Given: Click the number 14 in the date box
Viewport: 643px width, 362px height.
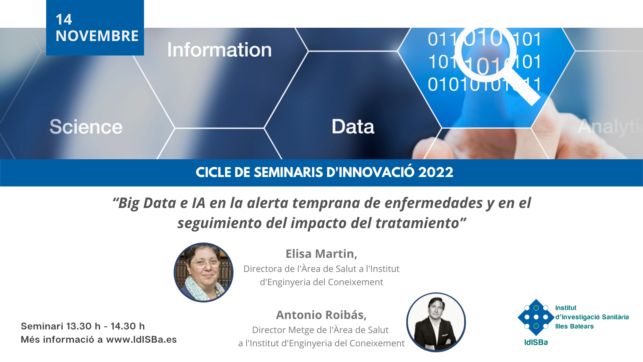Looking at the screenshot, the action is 64,20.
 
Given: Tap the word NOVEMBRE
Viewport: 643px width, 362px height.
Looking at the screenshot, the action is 97,36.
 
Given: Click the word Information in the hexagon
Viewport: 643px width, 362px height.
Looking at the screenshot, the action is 219,50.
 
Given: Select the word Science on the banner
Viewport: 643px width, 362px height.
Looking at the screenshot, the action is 86,127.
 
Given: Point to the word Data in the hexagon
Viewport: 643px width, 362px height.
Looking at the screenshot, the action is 353,126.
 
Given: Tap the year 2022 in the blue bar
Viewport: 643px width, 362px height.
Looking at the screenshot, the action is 436,173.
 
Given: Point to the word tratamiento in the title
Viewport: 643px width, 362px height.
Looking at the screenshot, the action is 418,223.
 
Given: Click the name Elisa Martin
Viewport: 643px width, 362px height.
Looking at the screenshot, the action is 321,254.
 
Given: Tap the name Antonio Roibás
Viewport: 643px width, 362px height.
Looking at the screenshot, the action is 321,315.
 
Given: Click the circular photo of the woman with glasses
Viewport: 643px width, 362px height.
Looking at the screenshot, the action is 203,272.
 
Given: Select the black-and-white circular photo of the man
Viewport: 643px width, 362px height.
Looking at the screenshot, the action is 436,322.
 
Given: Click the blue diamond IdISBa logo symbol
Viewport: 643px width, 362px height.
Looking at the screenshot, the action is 536,317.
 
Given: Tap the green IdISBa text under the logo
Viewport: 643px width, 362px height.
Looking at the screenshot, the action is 536,342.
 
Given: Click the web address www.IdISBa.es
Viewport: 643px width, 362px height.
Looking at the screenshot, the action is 141,339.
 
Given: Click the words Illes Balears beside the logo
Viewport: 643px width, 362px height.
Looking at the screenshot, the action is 574,326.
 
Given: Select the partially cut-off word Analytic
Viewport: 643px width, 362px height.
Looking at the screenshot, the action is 610,127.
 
